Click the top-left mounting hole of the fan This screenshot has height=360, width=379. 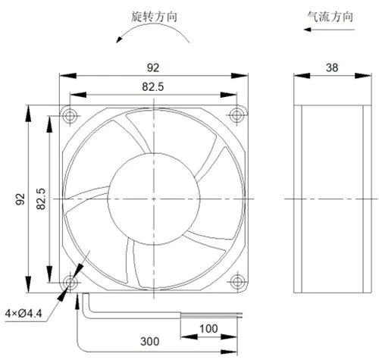(x=70, y=116)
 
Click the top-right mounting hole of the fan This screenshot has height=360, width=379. (x=236, y=115)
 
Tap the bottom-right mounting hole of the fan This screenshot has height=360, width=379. (x=236, y=281)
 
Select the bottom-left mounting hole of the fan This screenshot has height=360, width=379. (x=70, y=282)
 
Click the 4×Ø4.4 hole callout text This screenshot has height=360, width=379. (x=23, y=314)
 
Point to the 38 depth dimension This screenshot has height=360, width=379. (x=332, y=67)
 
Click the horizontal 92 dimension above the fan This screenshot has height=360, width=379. (x=153, y=67)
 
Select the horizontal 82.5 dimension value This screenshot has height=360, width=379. (x=153, y=86)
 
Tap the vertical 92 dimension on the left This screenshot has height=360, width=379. (x=20, y=199)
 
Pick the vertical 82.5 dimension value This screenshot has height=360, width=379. (x=41, y=199)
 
